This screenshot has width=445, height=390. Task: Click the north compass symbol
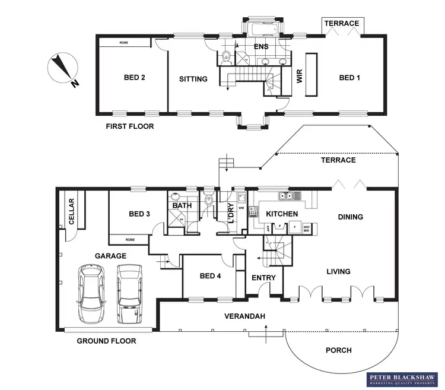point(62,70)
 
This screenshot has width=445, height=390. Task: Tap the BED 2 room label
point(134,78)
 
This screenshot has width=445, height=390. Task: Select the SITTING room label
point(193,79)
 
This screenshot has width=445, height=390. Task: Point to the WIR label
point(300,78)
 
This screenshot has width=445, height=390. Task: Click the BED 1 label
point(349,78)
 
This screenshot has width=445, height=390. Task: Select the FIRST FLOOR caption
point(129,126)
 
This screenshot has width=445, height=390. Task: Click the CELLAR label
point(72,212)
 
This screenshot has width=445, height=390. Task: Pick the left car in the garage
point(92,293)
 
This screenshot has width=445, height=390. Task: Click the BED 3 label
point(139,214)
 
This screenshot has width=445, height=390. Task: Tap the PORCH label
point(339,350)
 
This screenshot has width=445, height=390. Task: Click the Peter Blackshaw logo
point(402,379)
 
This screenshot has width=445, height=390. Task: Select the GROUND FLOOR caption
point(106,341)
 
